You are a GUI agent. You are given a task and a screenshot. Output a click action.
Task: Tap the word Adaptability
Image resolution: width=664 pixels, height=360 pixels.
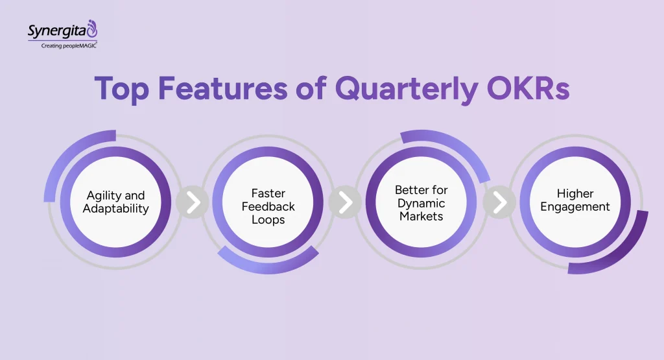pyautogui.click(x=115, y=209)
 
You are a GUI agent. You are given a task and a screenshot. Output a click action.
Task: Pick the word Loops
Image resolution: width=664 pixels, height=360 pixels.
pyautogui.click(x=268, y=219)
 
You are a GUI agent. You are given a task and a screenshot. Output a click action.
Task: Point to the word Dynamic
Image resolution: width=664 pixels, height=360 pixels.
pyautogui.click(x=421, y=203)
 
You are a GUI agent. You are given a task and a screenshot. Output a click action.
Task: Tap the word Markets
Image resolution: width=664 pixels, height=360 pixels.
pyautogui.click(x=421, y=216)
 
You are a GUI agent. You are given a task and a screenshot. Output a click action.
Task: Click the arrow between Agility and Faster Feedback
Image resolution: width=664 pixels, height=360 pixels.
pyautogui.click(x=192, y=202)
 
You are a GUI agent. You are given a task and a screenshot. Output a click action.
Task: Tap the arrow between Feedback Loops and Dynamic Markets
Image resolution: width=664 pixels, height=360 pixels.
pyautogui.click(x=345, y=202)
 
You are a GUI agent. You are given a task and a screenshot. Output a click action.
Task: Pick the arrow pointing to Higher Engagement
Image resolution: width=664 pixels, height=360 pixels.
pyautogui.click(x=499, y=202)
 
